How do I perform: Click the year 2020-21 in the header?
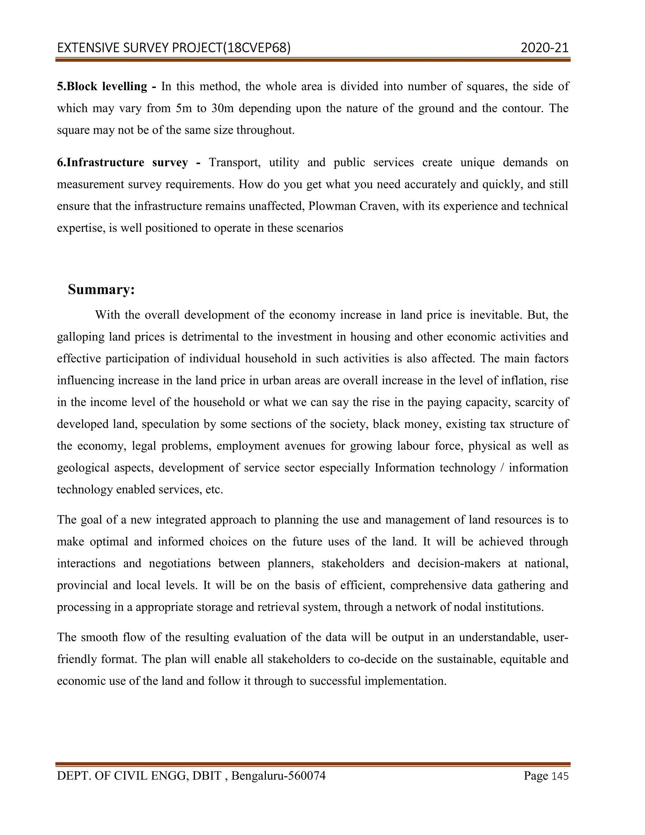[544, 48]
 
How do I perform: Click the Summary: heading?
[101, 290]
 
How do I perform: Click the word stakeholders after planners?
[352, 564]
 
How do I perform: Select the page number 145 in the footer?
[560, 776]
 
